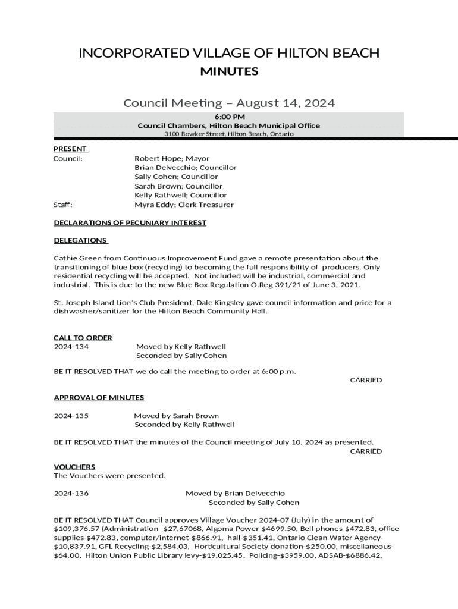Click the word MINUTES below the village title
[229, 72]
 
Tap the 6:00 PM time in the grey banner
[229, 117]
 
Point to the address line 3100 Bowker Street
[229, 134]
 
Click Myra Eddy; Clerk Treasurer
[184, 205]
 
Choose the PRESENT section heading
[70, 149]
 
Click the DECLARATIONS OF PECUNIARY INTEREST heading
[130, 222]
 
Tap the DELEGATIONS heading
[80, 240]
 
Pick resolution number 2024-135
[71, 416]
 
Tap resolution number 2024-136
[71, 493]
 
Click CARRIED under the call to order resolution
[365, 380]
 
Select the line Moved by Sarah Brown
[176, 416]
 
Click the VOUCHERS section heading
[74, 467]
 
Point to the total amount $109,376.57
[74, 529]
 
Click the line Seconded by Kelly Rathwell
[184, 425]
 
